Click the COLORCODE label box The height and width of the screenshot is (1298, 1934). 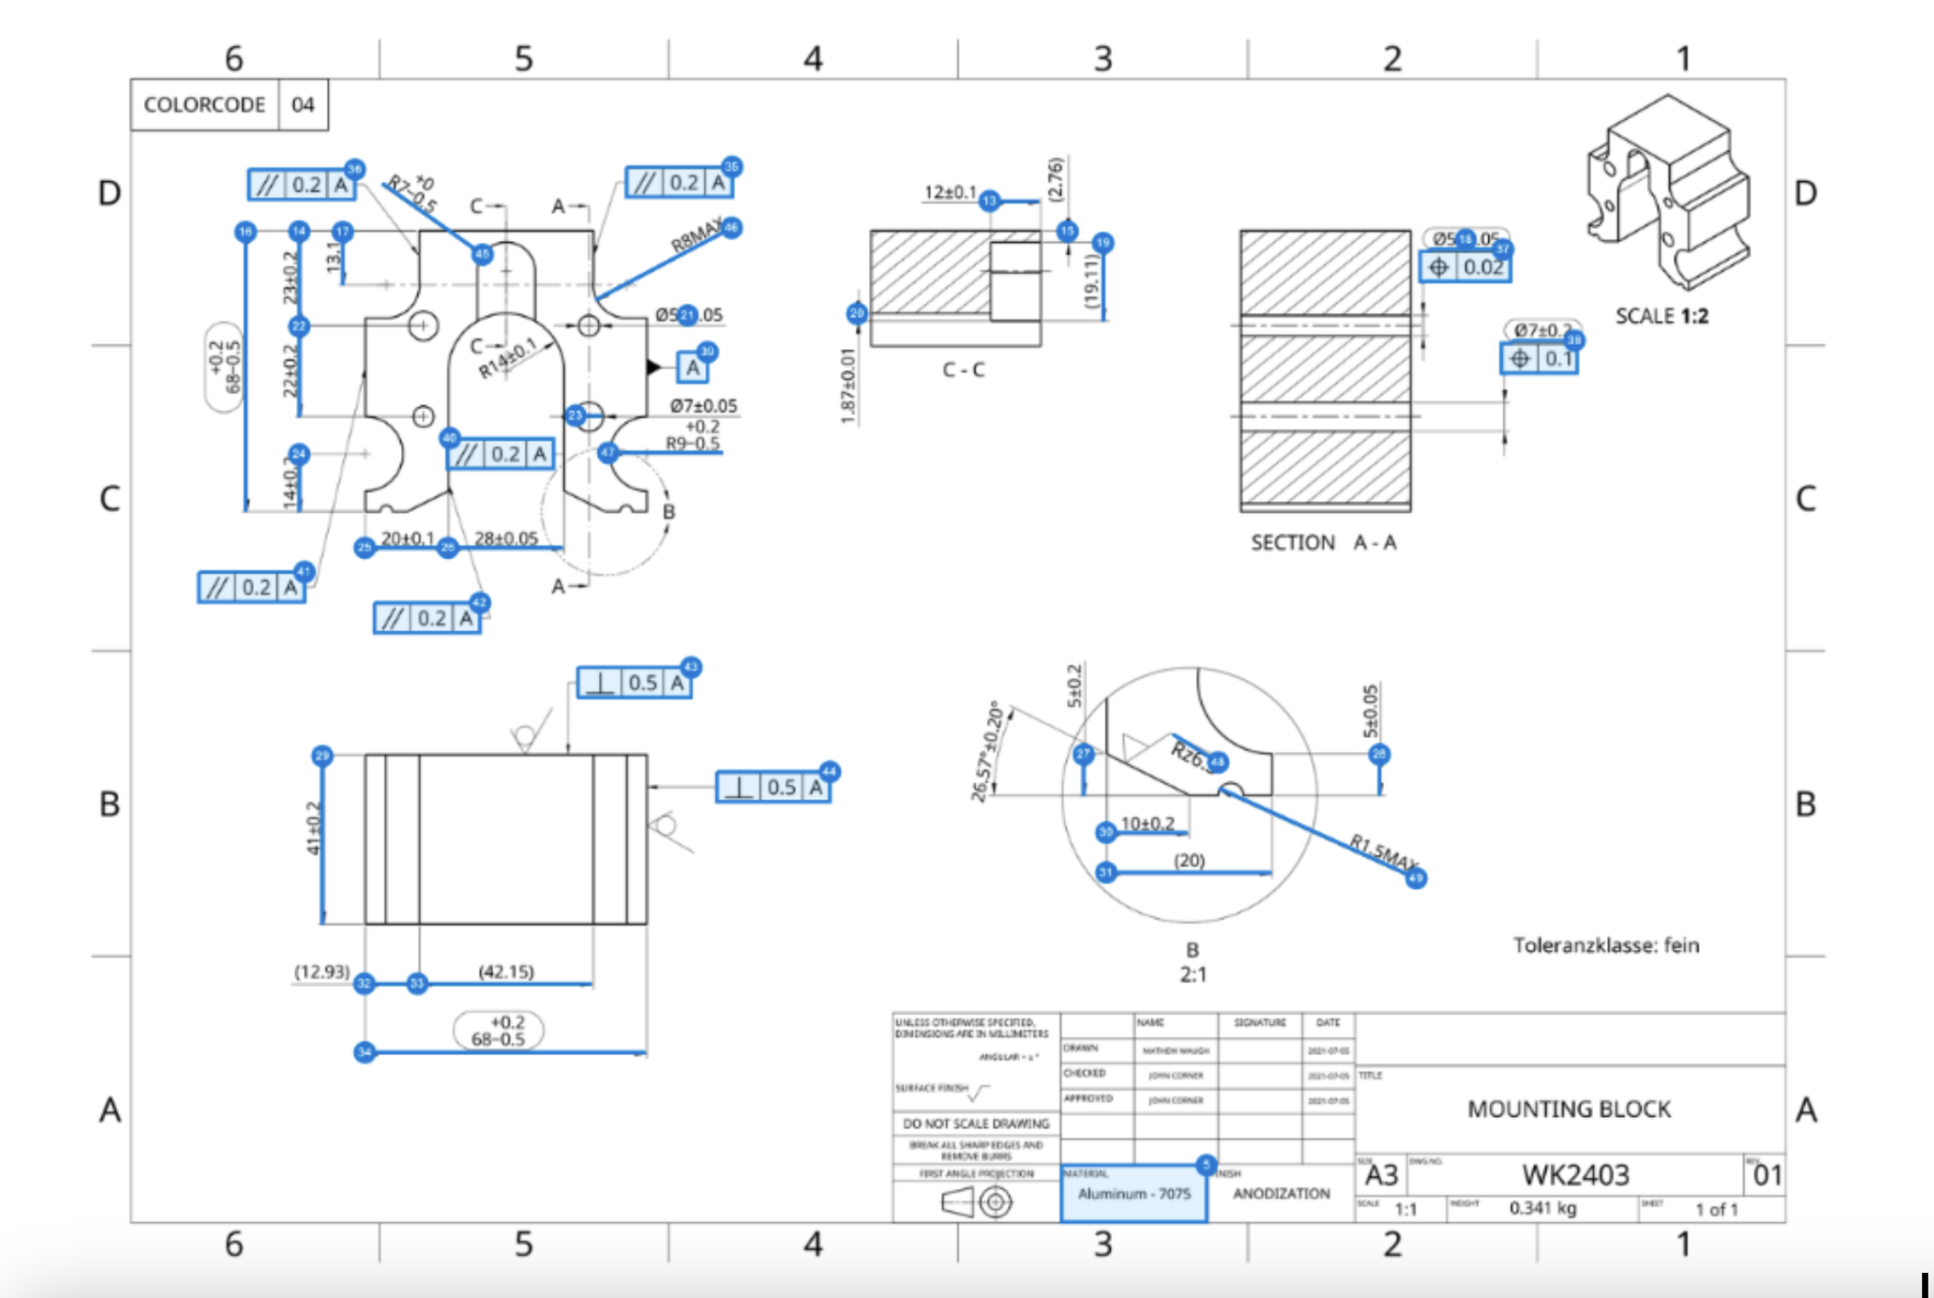[x=205, y=105]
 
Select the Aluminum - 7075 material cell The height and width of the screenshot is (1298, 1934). [x=1133, y=1194]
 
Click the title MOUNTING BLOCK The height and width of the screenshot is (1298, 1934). [x=1569, y=1109]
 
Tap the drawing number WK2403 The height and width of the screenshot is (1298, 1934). [x=1575, y=1175]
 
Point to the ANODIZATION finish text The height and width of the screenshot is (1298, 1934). [x=1281, y=1194]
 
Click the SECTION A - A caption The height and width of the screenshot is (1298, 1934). [x=1323, y=543]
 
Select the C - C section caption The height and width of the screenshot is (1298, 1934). [x=963, y=370]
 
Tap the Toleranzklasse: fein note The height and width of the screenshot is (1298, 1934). [x=1605, y=945]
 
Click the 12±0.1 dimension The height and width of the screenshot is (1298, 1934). [x=949, y=192]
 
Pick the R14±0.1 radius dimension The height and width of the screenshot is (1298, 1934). [x=507, y=359]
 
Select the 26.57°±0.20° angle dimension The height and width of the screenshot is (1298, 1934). [x=987, y=752]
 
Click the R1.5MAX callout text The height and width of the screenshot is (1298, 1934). [x=1383, y=851]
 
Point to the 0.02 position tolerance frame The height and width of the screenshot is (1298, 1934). [x=1464, y=268]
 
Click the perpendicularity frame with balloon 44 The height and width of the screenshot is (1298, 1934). [x=773, y=788]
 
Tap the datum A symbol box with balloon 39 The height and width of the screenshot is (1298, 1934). [x=692, y=368]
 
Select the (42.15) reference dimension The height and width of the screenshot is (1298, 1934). [x=505, y=972]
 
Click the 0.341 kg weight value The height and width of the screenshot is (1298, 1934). [x=1543, y=1208]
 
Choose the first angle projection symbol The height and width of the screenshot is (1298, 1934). [x=976, y=1202]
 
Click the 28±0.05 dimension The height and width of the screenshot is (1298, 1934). [x=505, y=539]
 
